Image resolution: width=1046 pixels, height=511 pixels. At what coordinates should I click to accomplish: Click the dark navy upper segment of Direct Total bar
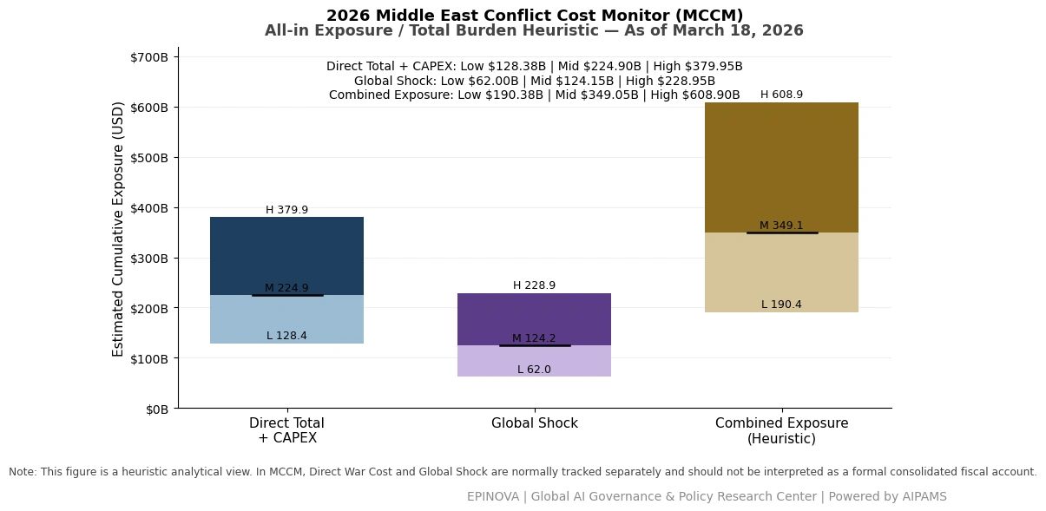tap(286, 256)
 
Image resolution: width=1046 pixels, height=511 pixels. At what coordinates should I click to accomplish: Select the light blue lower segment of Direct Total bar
tap(286, 319)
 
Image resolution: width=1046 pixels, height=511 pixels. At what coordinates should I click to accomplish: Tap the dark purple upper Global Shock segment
tap(534, 319)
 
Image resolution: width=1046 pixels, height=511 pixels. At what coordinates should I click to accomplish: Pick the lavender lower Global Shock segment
tap(534, 361)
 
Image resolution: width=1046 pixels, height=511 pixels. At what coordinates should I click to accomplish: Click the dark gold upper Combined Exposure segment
tap(782, 167)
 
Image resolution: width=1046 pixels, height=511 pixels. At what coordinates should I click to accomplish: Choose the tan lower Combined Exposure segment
tap(782, 272)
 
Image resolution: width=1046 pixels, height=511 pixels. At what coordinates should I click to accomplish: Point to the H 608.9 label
tap(782, 95)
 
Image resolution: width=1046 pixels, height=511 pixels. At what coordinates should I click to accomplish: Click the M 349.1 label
tap(782, 226)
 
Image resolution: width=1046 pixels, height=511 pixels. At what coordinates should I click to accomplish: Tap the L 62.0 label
tap(534, 370)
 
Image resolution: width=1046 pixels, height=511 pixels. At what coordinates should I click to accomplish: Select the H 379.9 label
tap(286, 210)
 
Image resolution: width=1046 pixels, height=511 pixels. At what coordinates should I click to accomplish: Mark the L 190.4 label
tap(782, 305)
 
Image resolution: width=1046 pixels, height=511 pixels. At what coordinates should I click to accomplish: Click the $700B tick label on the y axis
tap(149, 57)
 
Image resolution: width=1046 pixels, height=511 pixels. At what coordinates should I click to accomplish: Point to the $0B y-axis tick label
tap(157, 409)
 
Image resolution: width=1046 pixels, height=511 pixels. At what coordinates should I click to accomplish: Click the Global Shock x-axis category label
tap(534, 423)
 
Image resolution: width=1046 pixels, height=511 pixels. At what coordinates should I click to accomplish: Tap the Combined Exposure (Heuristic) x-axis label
tap(782, 430)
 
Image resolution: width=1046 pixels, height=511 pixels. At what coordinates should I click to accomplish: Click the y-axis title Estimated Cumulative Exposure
tap(118, 229)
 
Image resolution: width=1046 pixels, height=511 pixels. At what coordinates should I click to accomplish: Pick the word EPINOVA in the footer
tap(493, 496)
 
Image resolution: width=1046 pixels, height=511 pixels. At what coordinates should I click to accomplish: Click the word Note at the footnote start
tap(22, 472)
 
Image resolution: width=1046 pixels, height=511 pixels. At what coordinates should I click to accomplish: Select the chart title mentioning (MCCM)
tap(534, 16)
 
